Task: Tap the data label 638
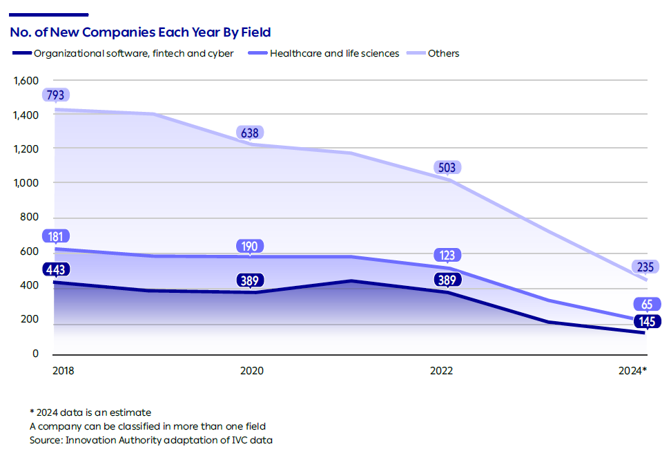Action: [x=250, y=133]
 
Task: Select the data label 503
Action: [x=447, y=167]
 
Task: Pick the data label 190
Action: [x=250, y=247]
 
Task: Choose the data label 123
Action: [x=447, y=255]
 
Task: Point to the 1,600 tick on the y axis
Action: [x=26, y=81]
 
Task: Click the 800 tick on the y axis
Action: [x=28, y=218]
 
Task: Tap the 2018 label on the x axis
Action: [x=63, y=371]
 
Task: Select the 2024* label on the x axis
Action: [x=632, y=371]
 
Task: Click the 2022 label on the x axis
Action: [x=441, y=371]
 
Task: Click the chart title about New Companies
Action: [x=140, y=32]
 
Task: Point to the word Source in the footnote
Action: [x=46, y=440]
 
